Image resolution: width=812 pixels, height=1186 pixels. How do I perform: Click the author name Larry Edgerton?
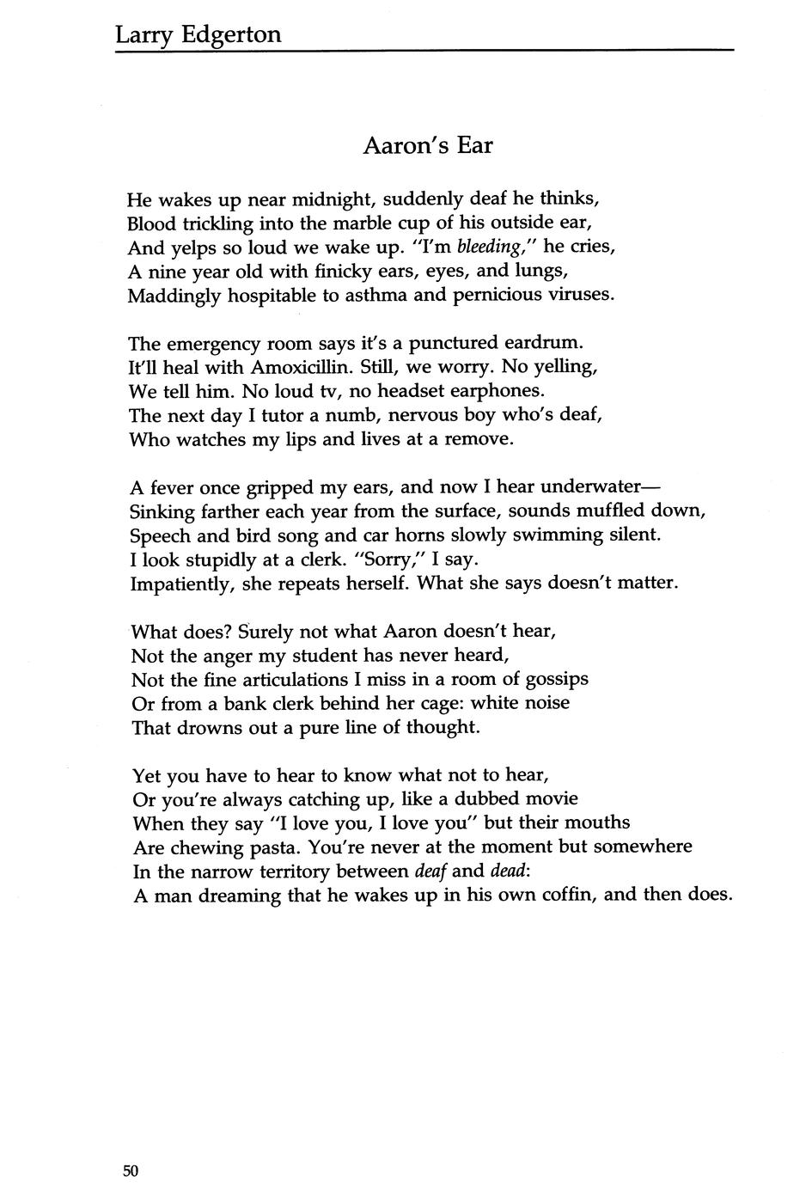[x=198, y=34]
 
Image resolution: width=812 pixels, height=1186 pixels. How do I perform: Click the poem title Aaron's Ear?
[x=427, y=145]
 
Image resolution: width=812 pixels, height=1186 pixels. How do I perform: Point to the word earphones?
[x=492, y=391]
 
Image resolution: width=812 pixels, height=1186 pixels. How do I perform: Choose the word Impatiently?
[x=181, y=584]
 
